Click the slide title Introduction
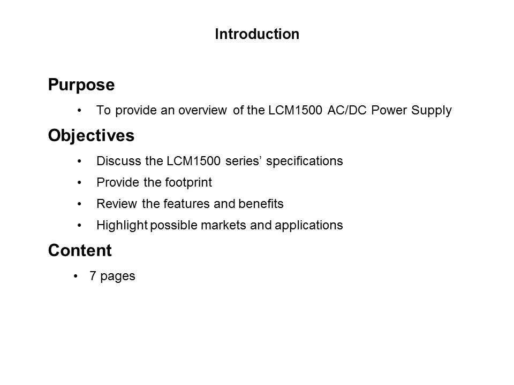[256, 35]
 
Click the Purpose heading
[81, 85]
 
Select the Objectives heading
[91, 136]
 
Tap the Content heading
[80, 250]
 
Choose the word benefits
[263, 204]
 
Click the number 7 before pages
[93, 276]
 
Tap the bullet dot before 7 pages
[77, 276]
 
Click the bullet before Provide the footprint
[80, 182]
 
